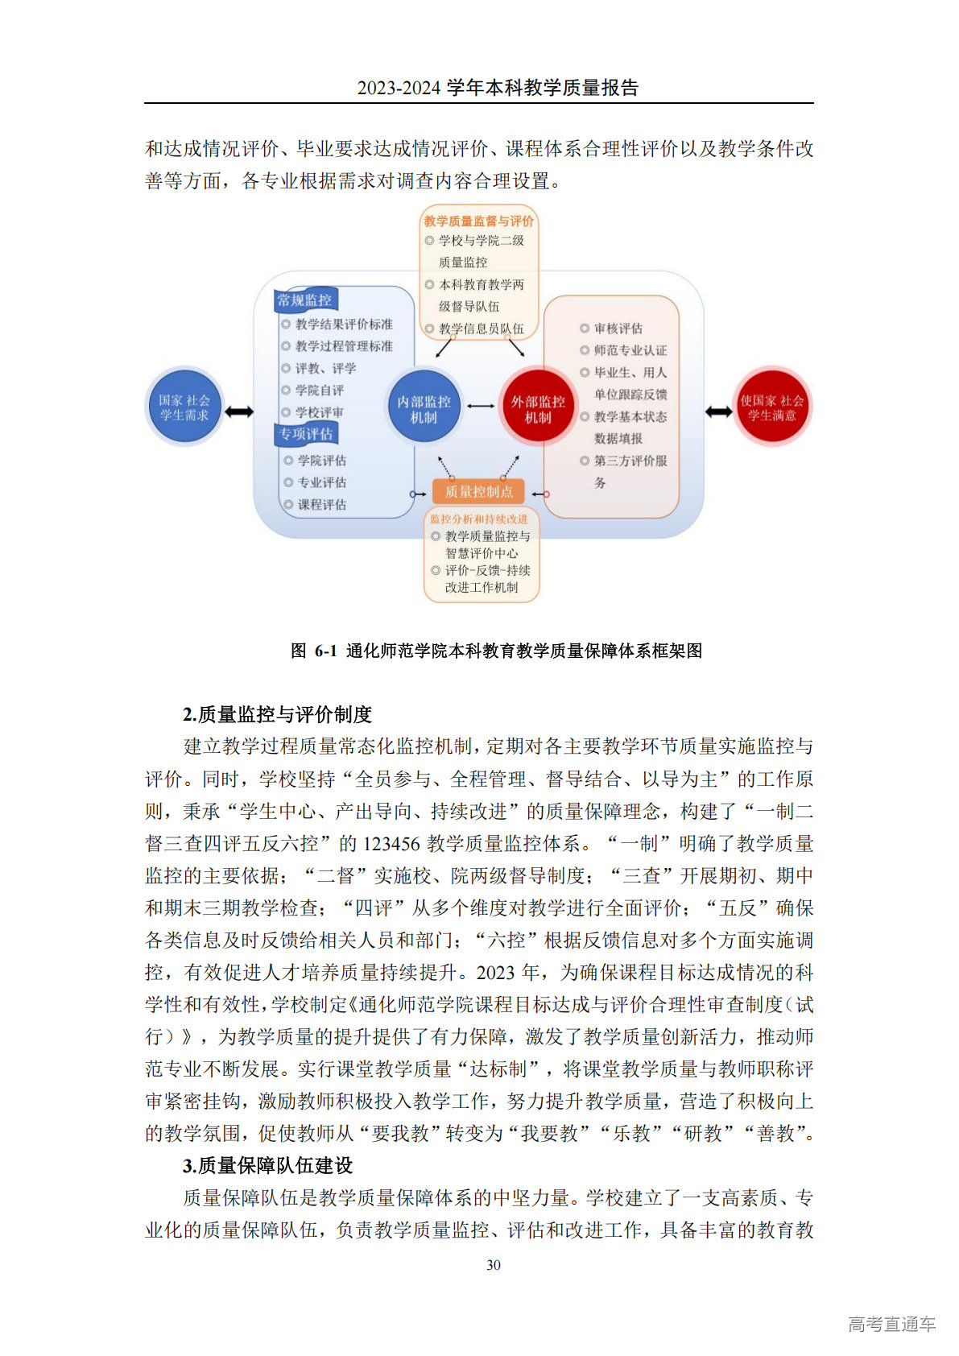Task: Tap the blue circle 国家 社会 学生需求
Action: (184, 407)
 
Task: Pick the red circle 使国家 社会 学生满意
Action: (771, 407)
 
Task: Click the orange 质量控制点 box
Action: (478, 491)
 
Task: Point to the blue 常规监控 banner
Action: (304, 300)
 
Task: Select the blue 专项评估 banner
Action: (306, 434)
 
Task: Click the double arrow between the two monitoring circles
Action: (481, 406)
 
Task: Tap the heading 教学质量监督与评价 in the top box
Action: (478, 221)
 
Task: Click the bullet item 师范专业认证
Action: (630, 350)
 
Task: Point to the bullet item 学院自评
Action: (320, 391)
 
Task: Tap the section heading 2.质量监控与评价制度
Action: (277, 714)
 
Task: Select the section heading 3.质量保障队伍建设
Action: (267, 1165)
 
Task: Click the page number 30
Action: (494, 1265)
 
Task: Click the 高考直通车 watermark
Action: (891, 1324)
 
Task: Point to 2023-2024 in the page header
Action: (399, 88)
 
